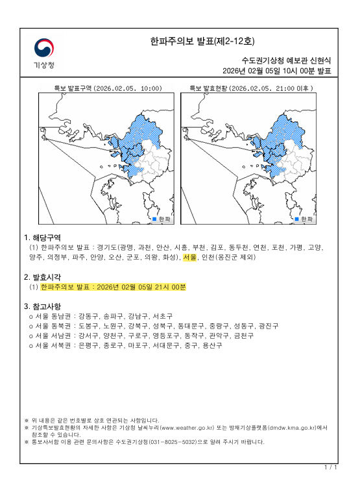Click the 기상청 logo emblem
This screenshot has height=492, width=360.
44,47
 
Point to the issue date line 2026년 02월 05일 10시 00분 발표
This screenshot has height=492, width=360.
276,71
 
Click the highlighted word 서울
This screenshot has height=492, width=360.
189,257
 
